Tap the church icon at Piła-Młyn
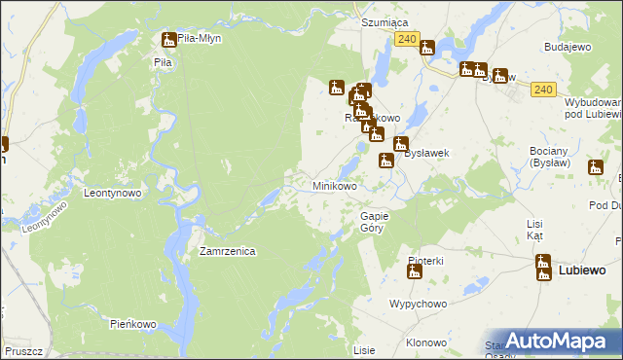pyautogui.click(x=168, y=40)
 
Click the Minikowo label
pyautogui.click(x=334, y=185)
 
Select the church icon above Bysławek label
pyautogui.click(x=400, y=144)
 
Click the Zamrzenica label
pyautogui.click(x=227, y=251)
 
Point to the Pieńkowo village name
pyautogui.click(x=133, y=323)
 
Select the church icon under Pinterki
pyautogui.click(x=414, y=272)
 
